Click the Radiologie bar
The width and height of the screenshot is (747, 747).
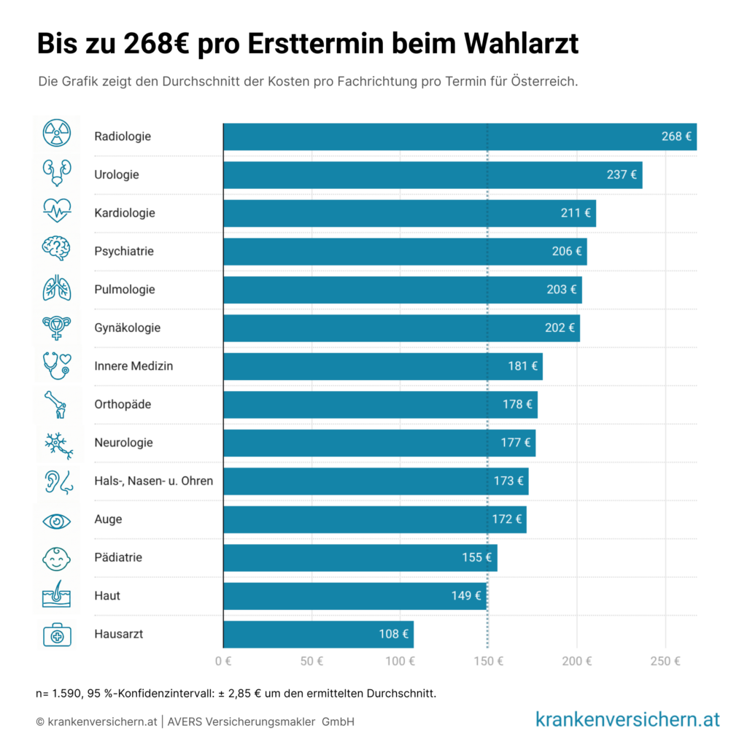tap(460, 136)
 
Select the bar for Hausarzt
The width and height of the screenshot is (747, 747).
tap(318, 634)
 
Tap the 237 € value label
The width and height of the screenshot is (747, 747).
tap(621, 175)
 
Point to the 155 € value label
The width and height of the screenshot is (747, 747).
tap(476, 557)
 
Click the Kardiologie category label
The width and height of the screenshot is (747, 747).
tap(125, 213)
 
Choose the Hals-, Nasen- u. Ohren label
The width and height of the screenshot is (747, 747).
tap(154, 481)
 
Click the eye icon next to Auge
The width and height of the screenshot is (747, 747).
tap(57, 520)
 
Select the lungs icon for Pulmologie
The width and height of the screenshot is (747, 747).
tap(57, 288)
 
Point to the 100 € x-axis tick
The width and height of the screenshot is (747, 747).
tap(400, 662)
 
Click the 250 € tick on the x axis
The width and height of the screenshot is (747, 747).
tap(665, 662)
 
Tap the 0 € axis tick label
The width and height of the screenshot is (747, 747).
tap(223, 662)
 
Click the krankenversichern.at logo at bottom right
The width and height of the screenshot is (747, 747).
tap(627, 719)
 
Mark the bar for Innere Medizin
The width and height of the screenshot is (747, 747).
tap(382, 366)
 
